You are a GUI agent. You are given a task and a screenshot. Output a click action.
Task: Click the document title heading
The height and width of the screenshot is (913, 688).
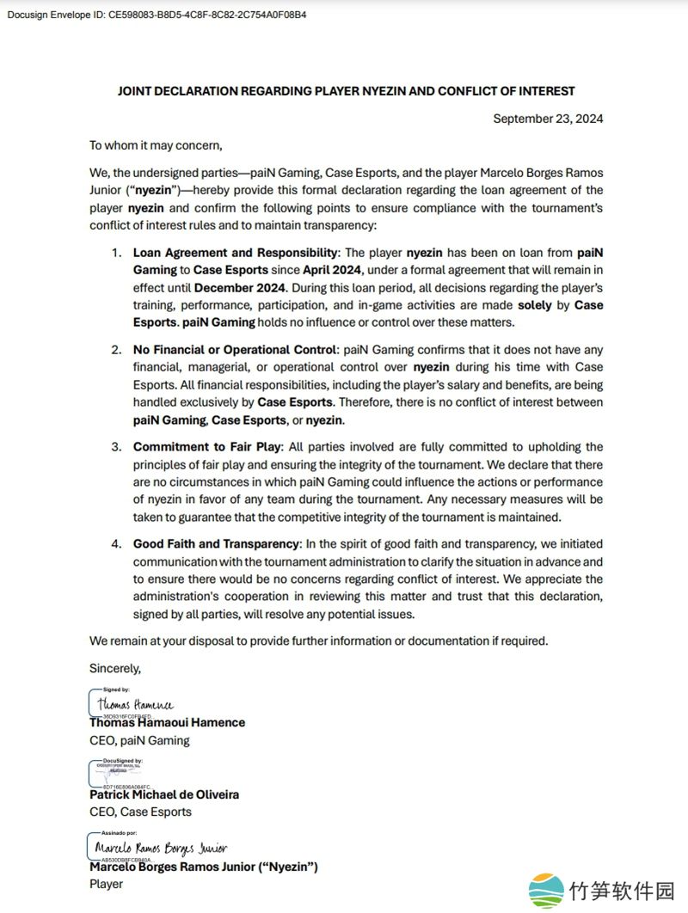click(346, 91)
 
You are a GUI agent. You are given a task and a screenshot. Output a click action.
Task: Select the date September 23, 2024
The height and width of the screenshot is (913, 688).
click(548, 119)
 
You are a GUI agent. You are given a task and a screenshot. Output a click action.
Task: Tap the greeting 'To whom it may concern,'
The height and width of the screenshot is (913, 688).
click(156, 145)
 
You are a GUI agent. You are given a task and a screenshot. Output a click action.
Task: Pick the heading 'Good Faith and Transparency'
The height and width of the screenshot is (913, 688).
click(216, 544)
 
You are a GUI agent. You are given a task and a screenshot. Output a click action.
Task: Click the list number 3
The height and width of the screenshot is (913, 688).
click(115, 447)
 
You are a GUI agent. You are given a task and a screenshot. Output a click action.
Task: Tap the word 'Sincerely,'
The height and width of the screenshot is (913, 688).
click(114, 667)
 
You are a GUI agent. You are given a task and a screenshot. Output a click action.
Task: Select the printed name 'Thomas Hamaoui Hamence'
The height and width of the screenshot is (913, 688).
click(167, 723)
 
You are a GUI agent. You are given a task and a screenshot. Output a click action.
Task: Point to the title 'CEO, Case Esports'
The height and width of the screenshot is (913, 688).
click(140, 812)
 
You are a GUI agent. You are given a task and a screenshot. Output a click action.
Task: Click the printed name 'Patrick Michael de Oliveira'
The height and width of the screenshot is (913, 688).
click(164, 794)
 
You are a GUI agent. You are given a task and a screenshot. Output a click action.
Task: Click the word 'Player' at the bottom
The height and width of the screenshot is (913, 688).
click(106, 884)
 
